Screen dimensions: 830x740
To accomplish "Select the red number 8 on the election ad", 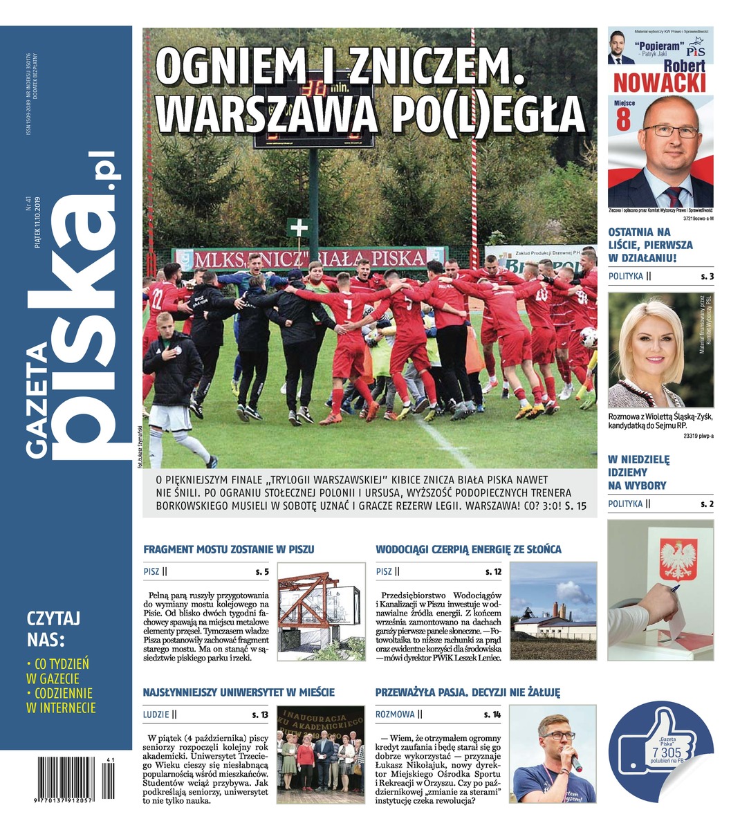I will [x=622, y=120].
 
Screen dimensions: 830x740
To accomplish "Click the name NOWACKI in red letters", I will [x=660, y=83].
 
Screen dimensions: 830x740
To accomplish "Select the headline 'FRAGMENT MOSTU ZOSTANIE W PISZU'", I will [x=229, y=549].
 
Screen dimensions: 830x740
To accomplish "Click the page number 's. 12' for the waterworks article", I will [x=493, y=572].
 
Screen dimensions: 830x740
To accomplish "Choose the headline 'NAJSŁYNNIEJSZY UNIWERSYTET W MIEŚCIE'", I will [x=239, y=692].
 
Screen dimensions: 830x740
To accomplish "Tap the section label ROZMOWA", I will [x=395, y=714].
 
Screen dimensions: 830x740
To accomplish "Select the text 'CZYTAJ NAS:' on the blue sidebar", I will [x=53, y=627].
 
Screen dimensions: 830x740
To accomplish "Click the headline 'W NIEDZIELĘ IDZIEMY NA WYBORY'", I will [x=637, y=472].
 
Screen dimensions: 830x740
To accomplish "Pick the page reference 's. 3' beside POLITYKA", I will [x=707, y=277].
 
